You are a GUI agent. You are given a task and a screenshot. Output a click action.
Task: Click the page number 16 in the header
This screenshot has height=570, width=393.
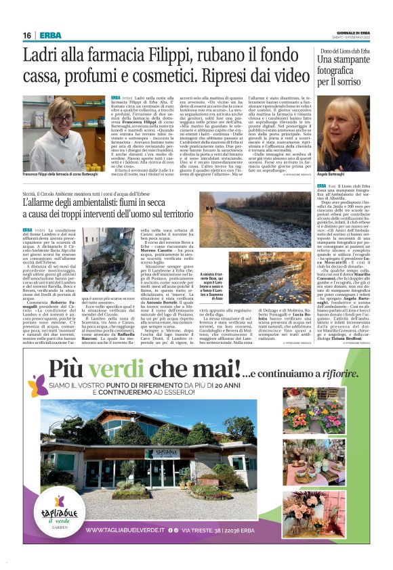pyautogui.click(x=27, y=35)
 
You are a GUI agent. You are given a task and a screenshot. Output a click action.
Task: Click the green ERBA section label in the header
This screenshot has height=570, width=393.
pyautogui.click(x=49, y=35)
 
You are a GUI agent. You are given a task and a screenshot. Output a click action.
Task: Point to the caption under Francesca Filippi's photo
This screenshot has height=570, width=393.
pyautogui.click(x=62, y=174)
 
